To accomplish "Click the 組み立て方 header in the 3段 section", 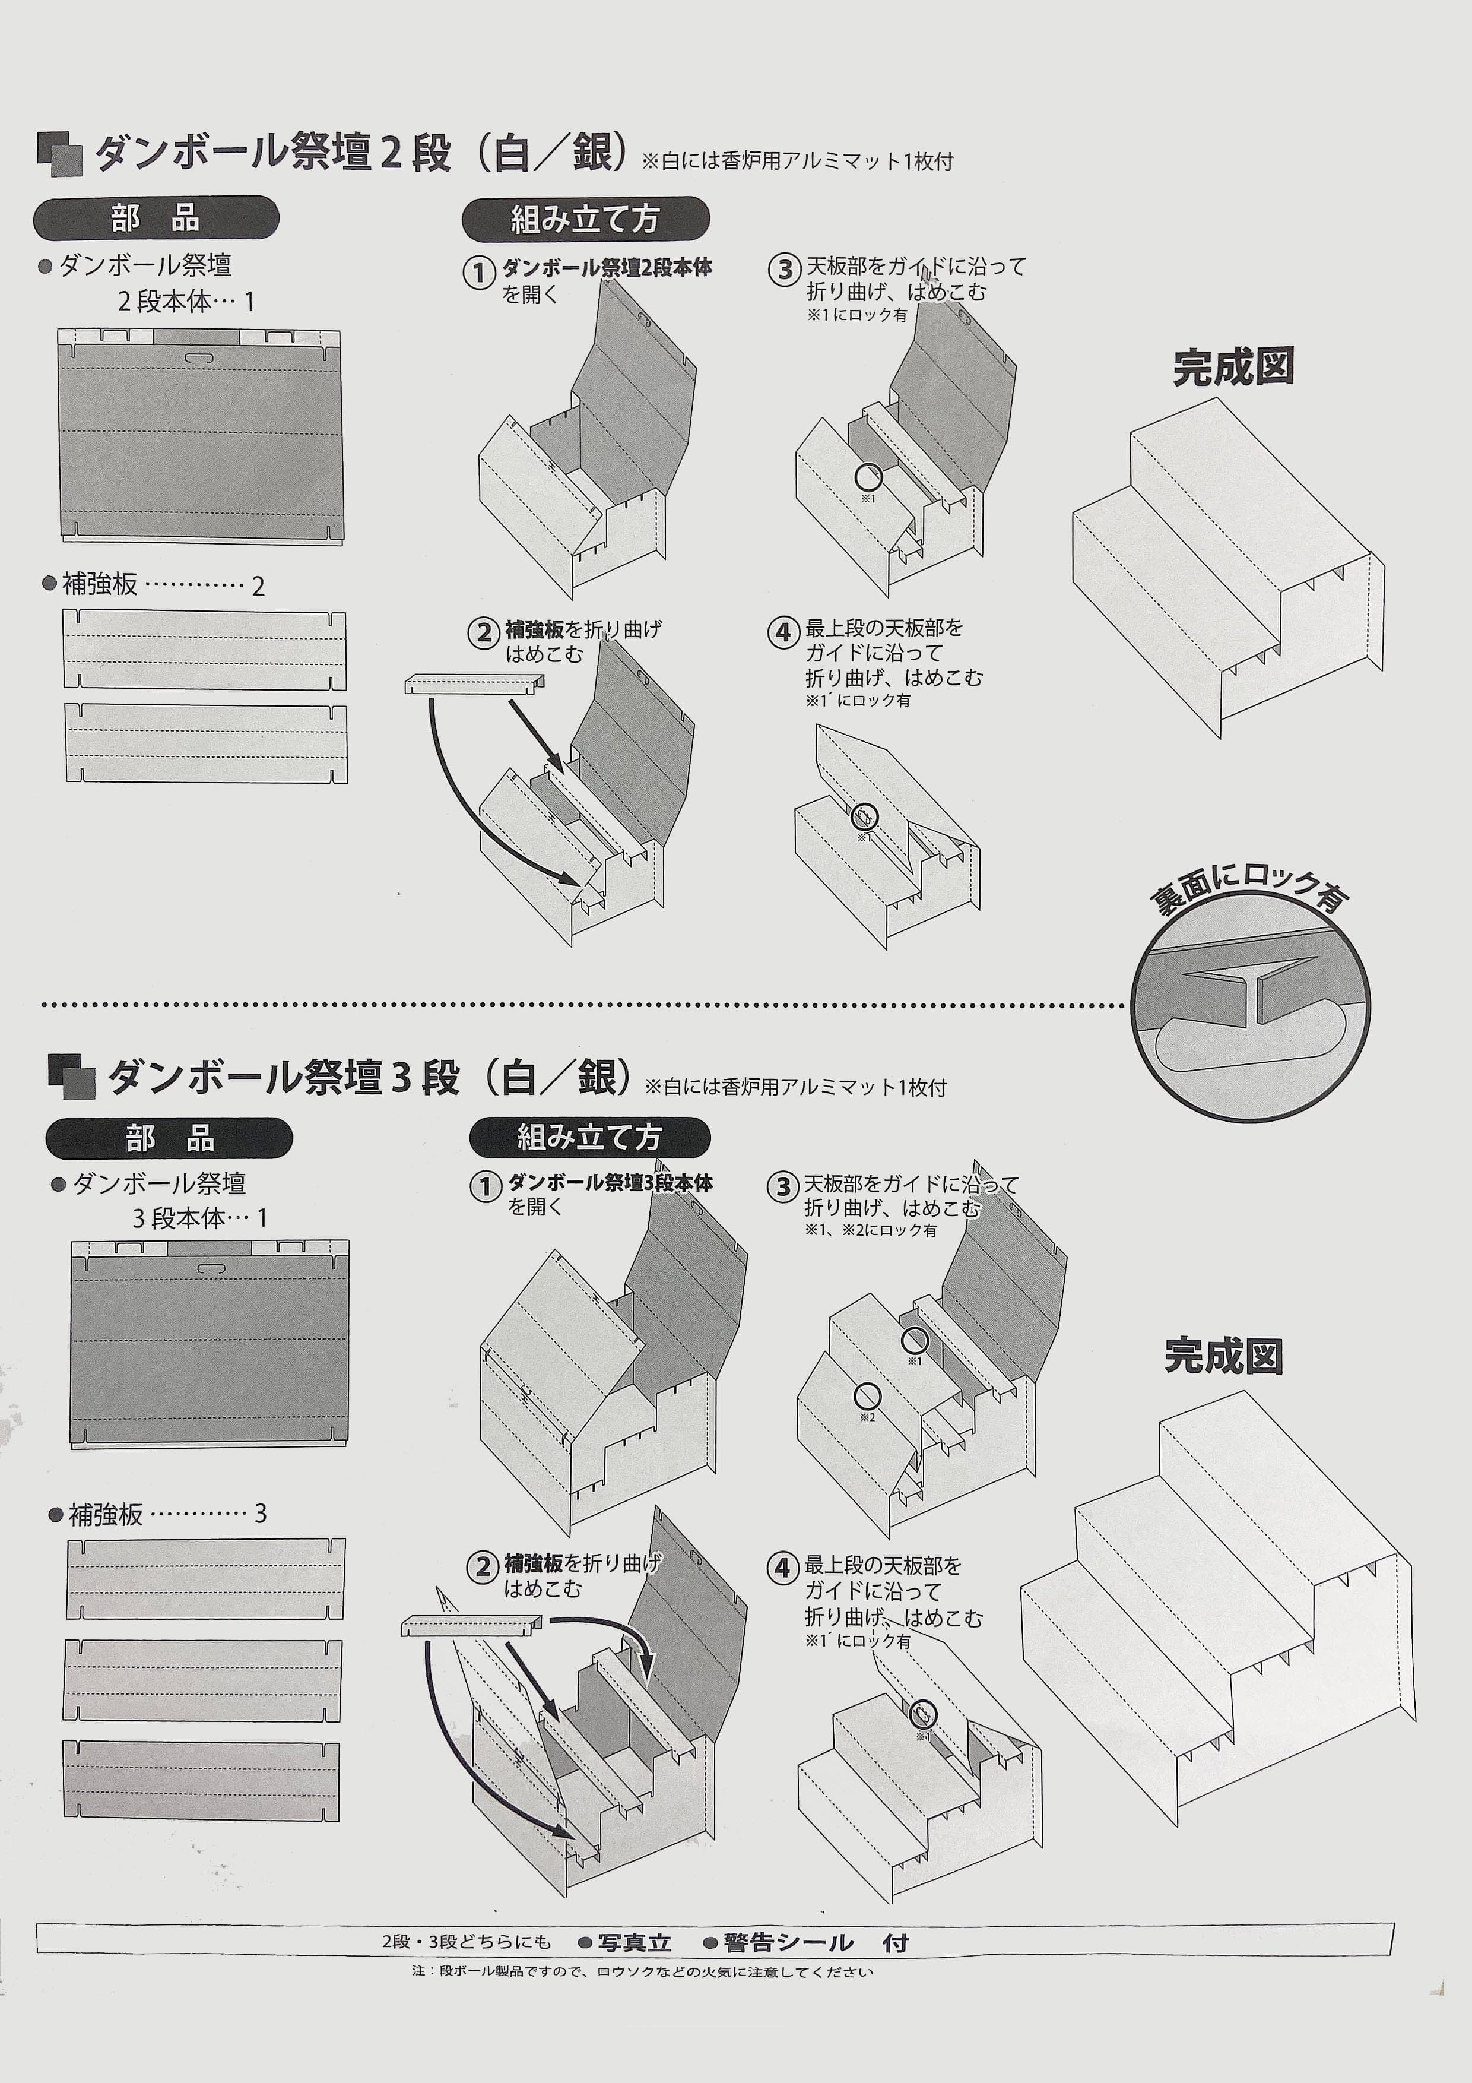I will coord(589,1136).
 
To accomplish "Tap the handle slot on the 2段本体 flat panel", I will coord(201,359).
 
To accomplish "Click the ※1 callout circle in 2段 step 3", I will coord(868,476).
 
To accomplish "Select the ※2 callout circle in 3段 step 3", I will coord(868,1395).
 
